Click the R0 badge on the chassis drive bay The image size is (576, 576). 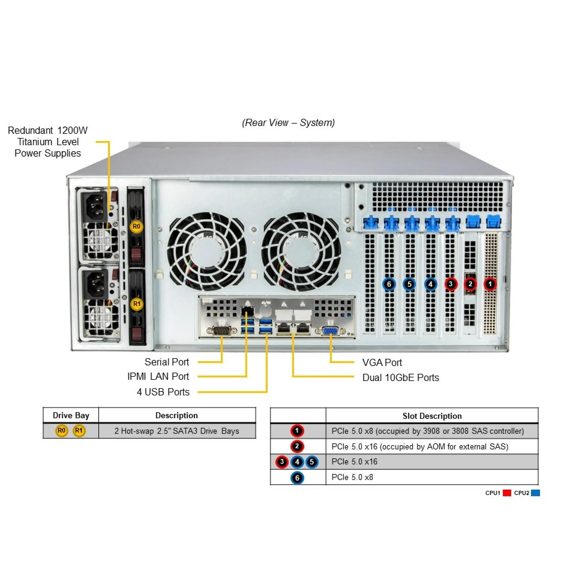pyautogui.click(x=136, y=226)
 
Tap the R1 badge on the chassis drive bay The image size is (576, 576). pyautogui.click(x=137, y=304)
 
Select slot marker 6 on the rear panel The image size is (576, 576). pyautogui.click(x=389, y=284)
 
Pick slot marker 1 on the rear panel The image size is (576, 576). pyautogui.click(x=490, y=284)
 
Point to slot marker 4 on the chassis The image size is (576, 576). pyautogui.click(x=430, y=284)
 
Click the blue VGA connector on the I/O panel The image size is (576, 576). pyautogui.click(x=330, y=331)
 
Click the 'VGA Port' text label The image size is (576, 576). pyautogui.click(x=382, y=362)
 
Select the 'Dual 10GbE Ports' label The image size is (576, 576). pyautogui.click(x=400, y=377)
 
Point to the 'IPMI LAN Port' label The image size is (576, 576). pyautogui.click(x=158, y=376)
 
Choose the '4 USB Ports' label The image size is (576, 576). pyautogui.click(x=163, y=392)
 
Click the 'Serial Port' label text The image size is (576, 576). pyautogui.click(x=167, y=362)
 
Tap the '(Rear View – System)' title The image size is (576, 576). pyautogui.click(x=288, y=122)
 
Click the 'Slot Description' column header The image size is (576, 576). pyautogui.click(x=432, y=416)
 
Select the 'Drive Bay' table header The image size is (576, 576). pyautogui.click(x=71, y=415)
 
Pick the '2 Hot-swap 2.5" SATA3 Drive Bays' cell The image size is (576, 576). pyautogui.click(x=177, y=431)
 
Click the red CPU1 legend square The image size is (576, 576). pyautogui.click(x=507, y=493)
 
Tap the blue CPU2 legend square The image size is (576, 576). pyautogui.click(x=535, y=493)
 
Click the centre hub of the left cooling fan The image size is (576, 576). pyautogui.click(x=207, y=251)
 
